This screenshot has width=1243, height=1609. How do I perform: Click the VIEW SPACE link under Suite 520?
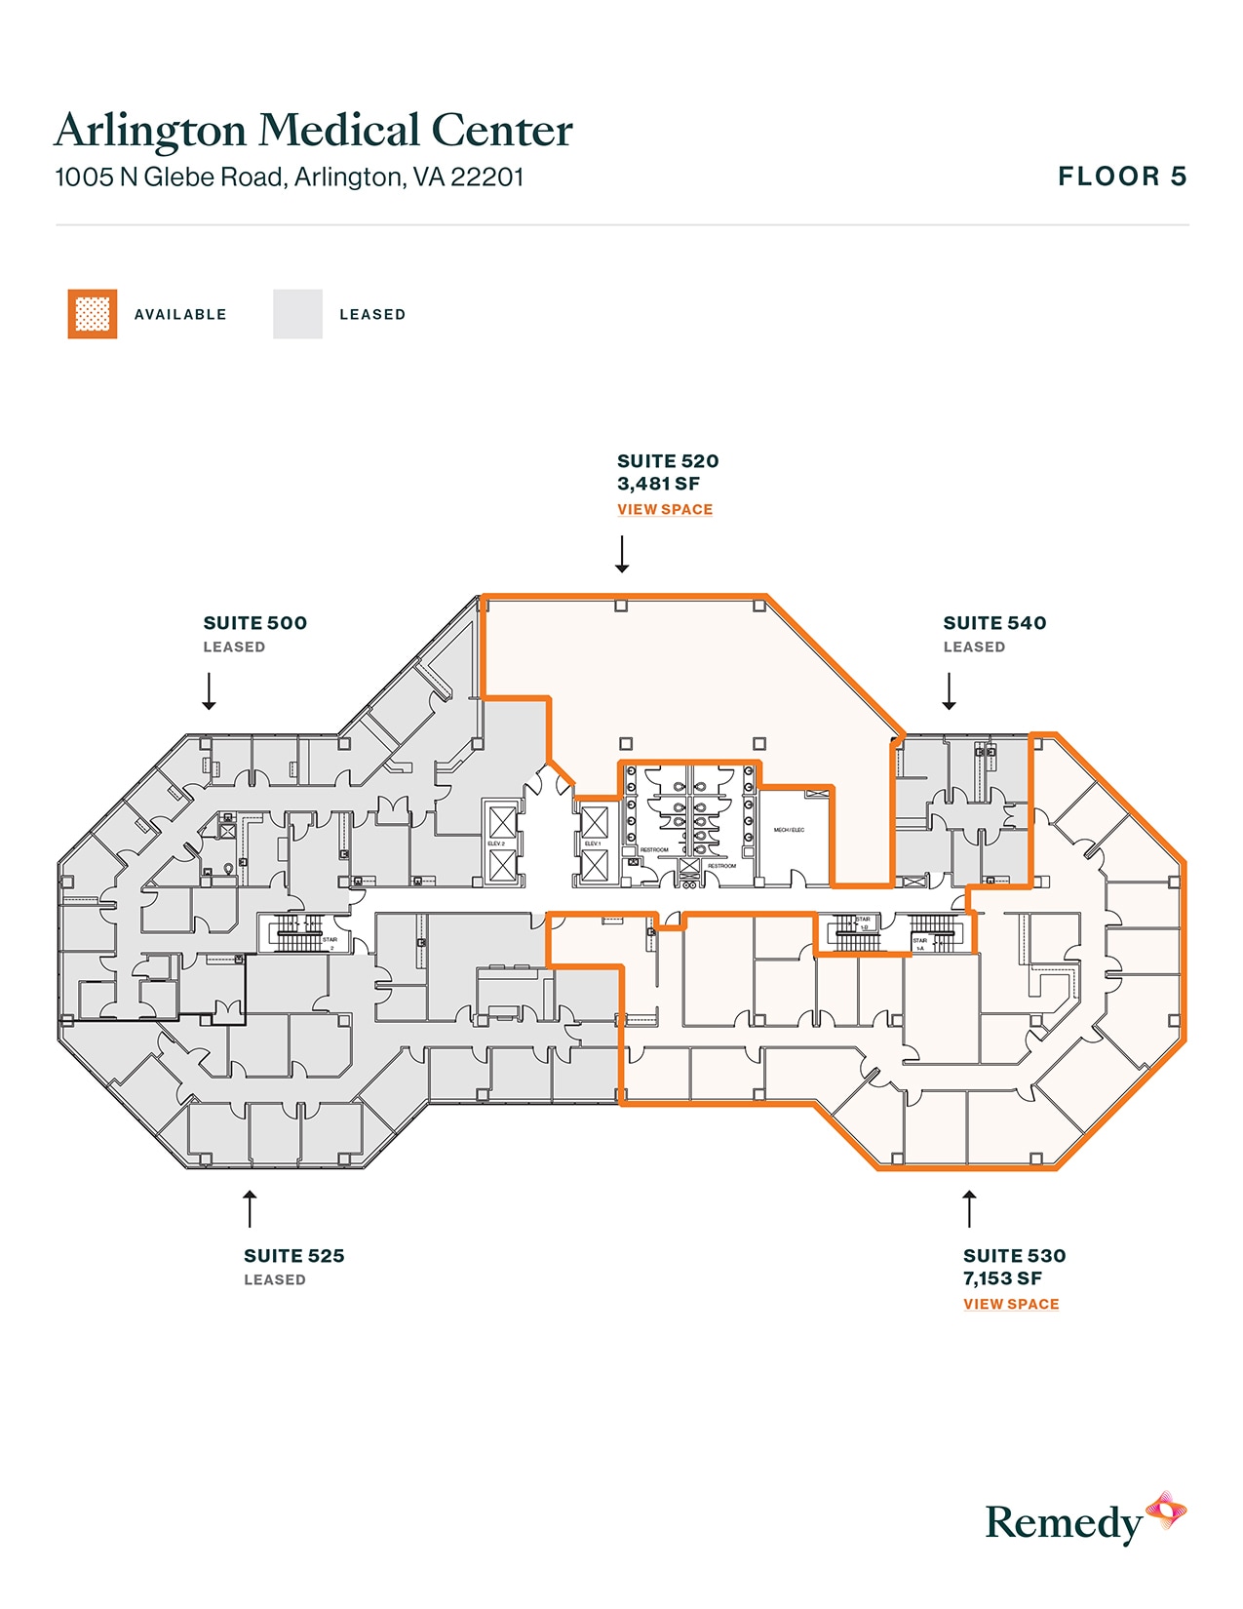click(x=665, y=509)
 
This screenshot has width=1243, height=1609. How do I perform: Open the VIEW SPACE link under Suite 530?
click(x=1011, y=1304)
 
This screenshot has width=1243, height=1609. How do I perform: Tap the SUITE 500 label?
click(x=254, y=623)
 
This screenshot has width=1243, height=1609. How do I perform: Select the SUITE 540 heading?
click(x=994, y=623)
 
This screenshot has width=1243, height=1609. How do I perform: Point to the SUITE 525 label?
click(x=293, y=1256)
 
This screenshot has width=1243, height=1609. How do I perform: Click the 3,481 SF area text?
click(x=658, y=484)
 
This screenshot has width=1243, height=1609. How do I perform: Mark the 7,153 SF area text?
click(x=1002, y=1278)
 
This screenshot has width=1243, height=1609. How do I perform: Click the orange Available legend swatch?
click(x=93, y=314)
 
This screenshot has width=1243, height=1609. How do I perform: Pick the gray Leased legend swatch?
click(x=297, y=314)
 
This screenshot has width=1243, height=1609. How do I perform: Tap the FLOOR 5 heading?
click(x=1122, y=177)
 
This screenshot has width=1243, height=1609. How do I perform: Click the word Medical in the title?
click(x=338, y=131)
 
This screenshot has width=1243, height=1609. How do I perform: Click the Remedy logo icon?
click(x=1165, y=1511)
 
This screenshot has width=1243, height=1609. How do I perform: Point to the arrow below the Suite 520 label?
click(x=622, y=554)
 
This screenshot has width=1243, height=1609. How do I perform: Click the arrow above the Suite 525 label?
click(x=250, y=1207)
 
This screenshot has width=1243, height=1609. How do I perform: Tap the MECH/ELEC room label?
click(x=789, y=830)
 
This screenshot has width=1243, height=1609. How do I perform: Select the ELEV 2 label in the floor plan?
click(x=496, y=844)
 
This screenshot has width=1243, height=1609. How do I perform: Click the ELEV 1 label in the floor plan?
click(x=592, y=844)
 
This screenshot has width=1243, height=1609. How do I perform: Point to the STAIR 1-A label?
click(x=919, y=944)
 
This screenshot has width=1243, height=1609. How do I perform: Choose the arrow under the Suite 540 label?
click(x=949, y=690)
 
